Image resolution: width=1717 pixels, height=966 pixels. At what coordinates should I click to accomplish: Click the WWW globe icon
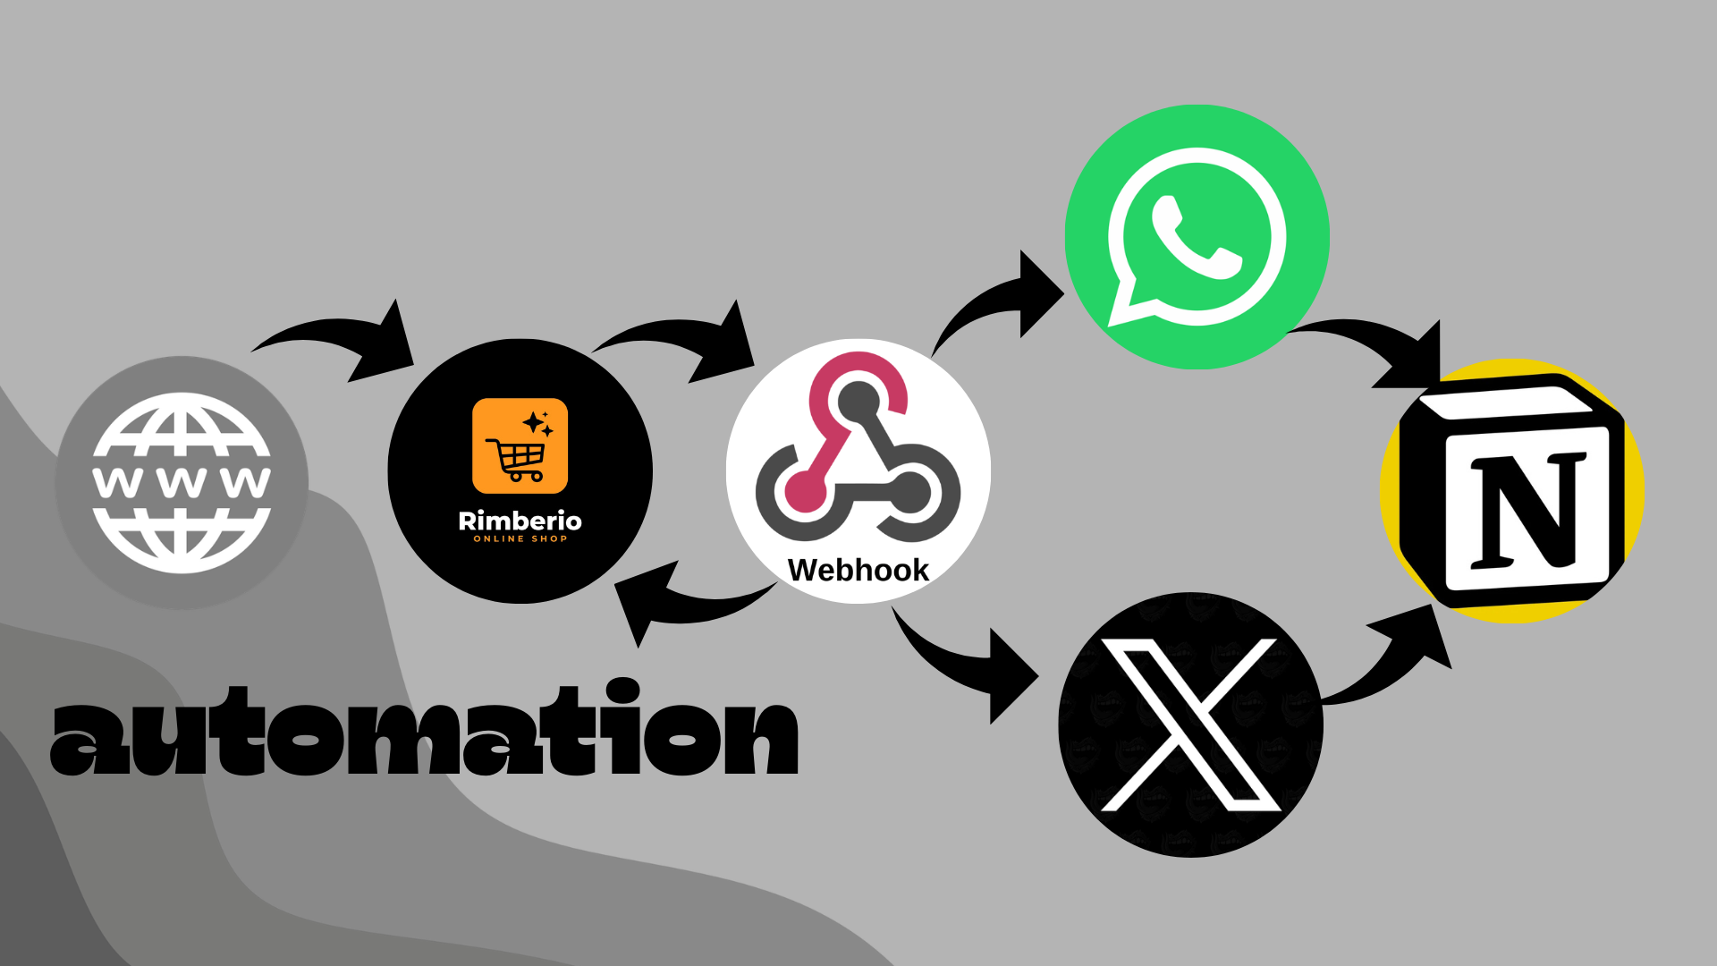pos(182,483)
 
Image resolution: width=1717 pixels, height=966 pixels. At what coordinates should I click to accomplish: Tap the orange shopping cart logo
pos(520,445)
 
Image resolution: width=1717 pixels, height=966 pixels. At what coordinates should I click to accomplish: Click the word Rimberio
pos(520,521)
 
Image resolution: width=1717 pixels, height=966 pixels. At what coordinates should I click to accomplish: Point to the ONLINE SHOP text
pos(520,539)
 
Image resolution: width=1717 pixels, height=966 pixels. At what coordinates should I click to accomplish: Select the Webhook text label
pos(858,570)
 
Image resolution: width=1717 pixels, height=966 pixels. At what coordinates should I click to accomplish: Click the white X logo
pos(1190,724)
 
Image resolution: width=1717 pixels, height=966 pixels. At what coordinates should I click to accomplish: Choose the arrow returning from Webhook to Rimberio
pos(680,604)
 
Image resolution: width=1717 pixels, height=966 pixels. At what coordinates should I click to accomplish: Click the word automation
pos(425,733)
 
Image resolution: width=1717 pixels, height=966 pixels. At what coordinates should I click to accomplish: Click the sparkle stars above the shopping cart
pos(537,424)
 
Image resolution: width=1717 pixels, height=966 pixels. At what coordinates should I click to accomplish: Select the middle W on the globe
pos(182,482)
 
